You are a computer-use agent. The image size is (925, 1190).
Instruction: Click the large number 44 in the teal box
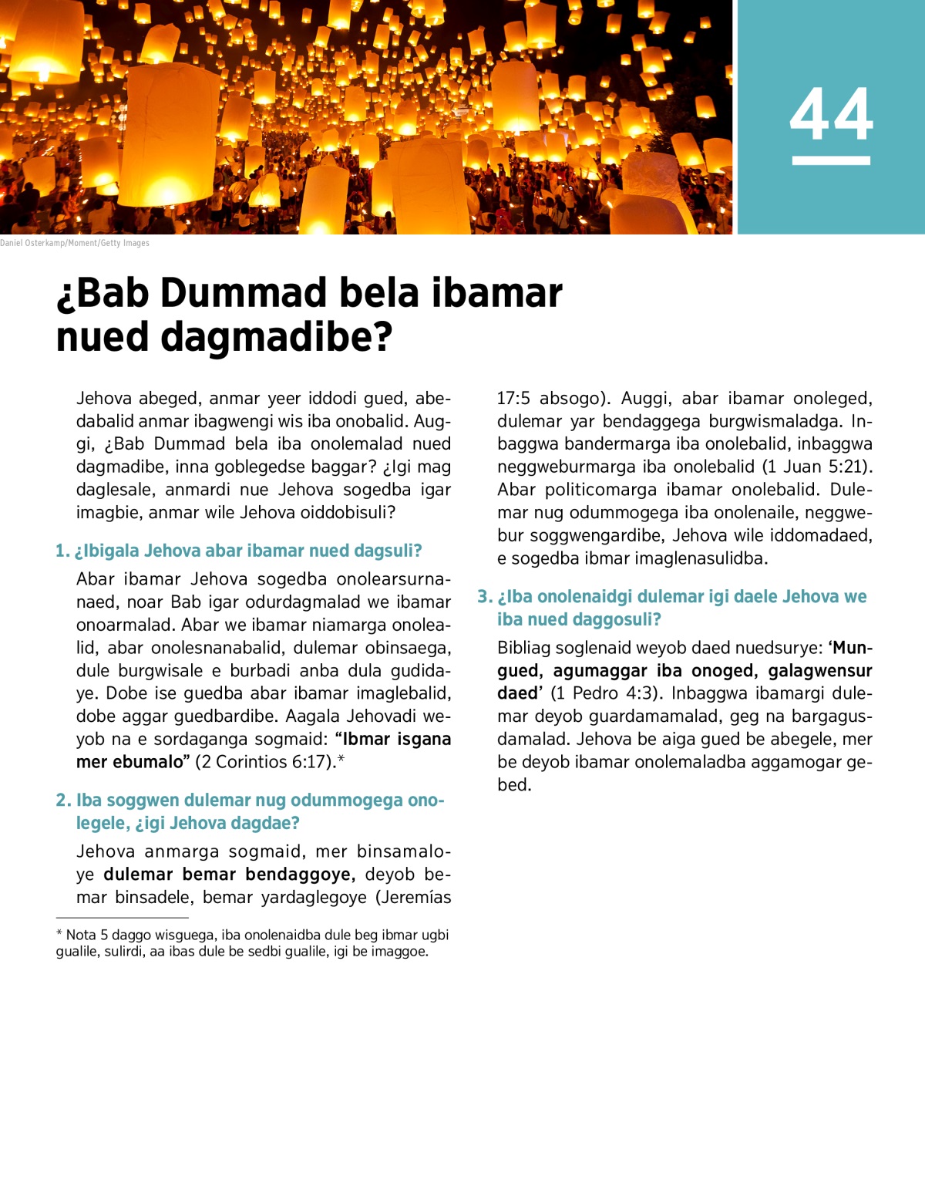[831, 115]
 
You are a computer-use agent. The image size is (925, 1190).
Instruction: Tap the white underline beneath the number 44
[831, 160]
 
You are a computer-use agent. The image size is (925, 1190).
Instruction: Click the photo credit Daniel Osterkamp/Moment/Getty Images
[75, 243]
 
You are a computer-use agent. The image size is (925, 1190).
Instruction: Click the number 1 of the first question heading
[61, 551]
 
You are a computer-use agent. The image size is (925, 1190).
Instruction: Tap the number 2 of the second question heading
[62, 801]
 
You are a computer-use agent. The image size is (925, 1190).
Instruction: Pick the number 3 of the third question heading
[483, 597]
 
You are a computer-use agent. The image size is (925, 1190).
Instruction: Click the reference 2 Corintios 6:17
[266, 762]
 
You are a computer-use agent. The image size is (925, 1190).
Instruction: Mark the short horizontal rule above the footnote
[122, 918]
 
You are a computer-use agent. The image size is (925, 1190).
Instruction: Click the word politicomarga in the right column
[603, 490]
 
